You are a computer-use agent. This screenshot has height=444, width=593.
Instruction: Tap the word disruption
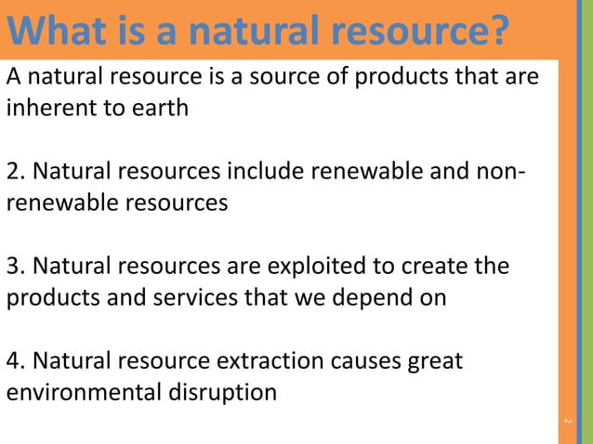(x=228, y=393)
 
